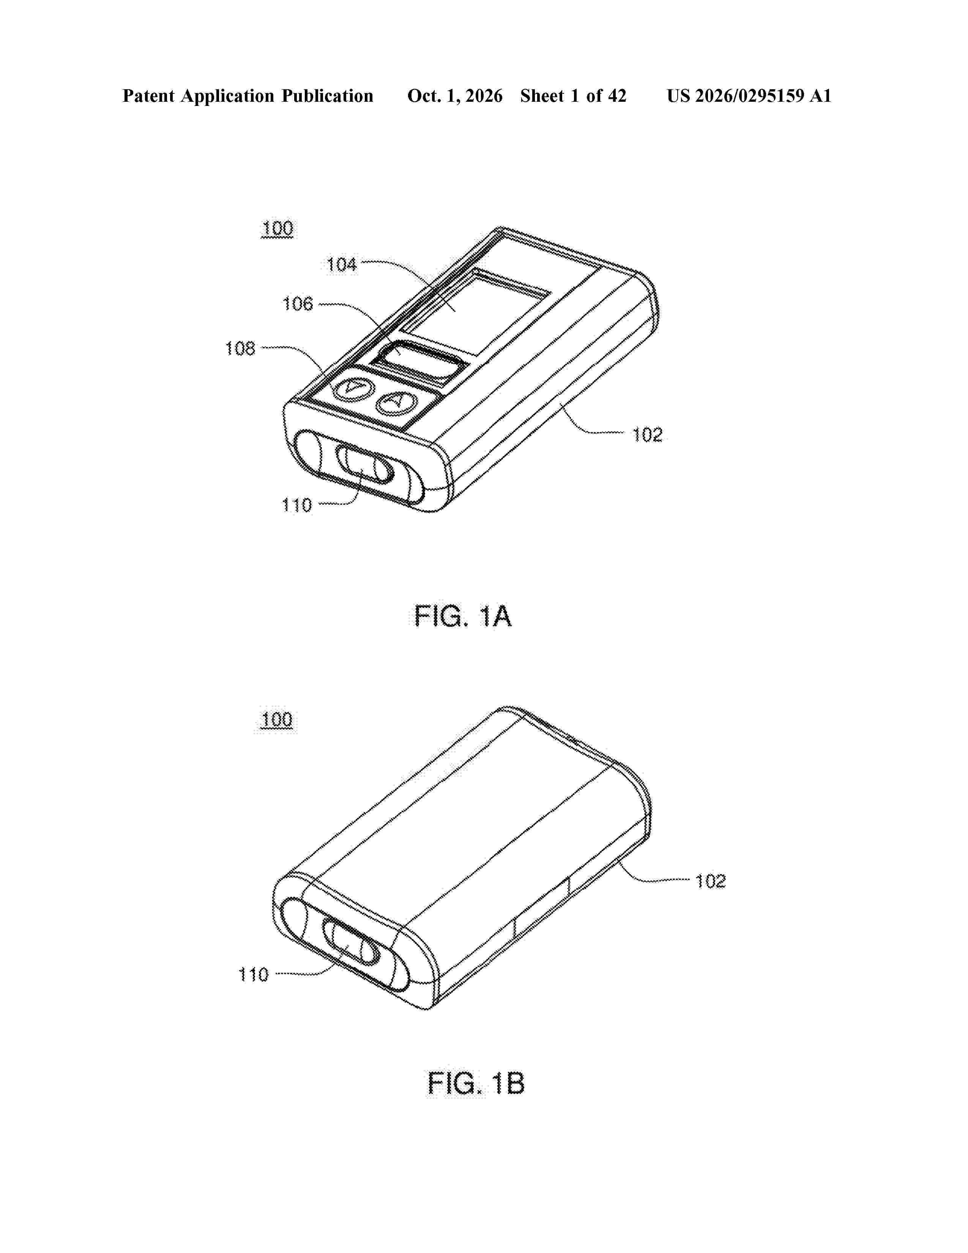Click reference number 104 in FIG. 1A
click(x=342, y=265)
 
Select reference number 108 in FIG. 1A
click(x=240, y=348)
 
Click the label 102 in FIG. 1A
click(x=648, y=435)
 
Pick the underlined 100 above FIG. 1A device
click(x=277, y=229)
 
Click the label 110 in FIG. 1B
click(x=254, y=974)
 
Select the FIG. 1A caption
click(x=463, y=617)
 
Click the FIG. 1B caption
click(x=476, y=1084)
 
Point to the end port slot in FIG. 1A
click(x=365, y=464)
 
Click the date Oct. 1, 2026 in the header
click(x=455, y=96)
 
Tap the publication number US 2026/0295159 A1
click(x=749, y=96)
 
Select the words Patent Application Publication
click(x=248, y=96)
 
